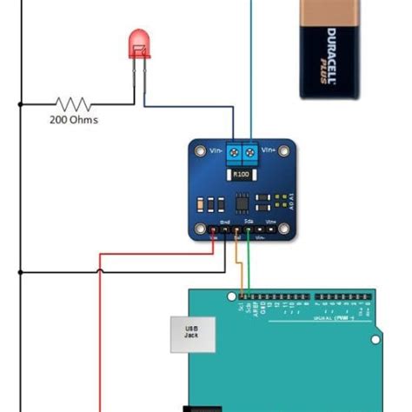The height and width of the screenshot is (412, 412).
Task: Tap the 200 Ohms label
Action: coord(73,120)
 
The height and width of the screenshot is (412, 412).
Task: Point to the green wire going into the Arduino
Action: coord(249,269)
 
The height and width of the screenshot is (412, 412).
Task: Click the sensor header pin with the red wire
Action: coord(214,232)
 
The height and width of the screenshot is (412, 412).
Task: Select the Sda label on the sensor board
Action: coord(249,223)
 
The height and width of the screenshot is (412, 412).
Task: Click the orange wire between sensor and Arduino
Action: coord(238,269)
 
